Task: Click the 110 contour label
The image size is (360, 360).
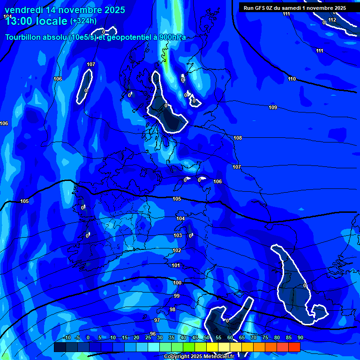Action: [x=292, y=79]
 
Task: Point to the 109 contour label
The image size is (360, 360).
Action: [x=273, y=108]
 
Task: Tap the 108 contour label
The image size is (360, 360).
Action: [x=238, y=138]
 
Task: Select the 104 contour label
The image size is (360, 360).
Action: [x=180, y=218]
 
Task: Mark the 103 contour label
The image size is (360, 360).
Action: [x=178, y=235]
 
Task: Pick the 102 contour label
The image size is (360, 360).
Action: [x=177, y=251]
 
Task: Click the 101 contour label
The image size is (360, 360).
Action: [x=176, y=266]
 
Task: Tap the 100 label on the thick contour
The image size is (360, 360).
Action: [x=177, y=283]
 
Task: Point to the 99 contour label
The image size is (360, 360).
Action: [x=177, y=296]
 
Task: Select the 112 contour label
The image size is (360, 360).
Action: [x=332, y=20]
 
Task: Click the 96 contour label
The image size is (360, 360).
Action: [x=153, y=334]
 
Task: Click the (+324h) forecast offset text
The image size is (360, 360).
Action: [x=83, y=21]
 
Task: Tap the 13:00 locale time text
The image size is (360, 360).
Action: [x=36, y=21]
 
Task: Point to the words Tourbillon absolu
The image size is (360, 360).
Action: [x=36, y=37]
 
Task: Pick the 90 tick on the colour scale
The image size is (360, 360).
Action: [x=300, y=337]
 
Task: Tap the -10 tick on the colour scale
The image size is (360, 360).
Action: [x=67, y=337]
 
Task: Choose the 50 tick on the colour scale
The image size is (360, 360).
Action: [x=207, y=337]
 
